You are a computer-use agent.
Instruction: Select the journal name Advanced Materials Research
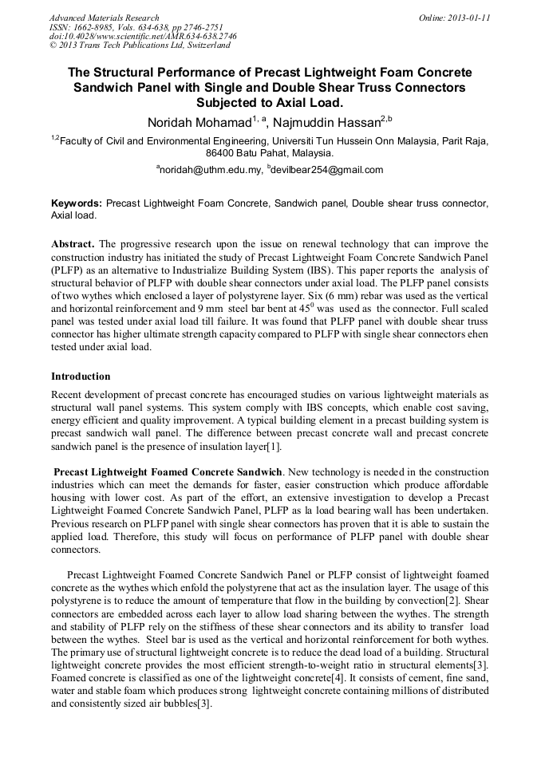coord(104,18)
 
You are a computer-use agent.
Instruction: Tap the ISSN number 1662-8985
coord(94,27)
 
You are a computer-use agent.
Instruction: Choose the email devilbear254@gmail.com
coord(316,170)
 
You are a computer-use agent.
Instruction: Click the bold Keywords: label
coord(76,204)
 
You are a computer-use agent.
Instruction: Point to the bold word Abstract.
coord(73,243)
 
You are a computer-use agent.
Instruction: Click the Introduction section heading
coord(81,376)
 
